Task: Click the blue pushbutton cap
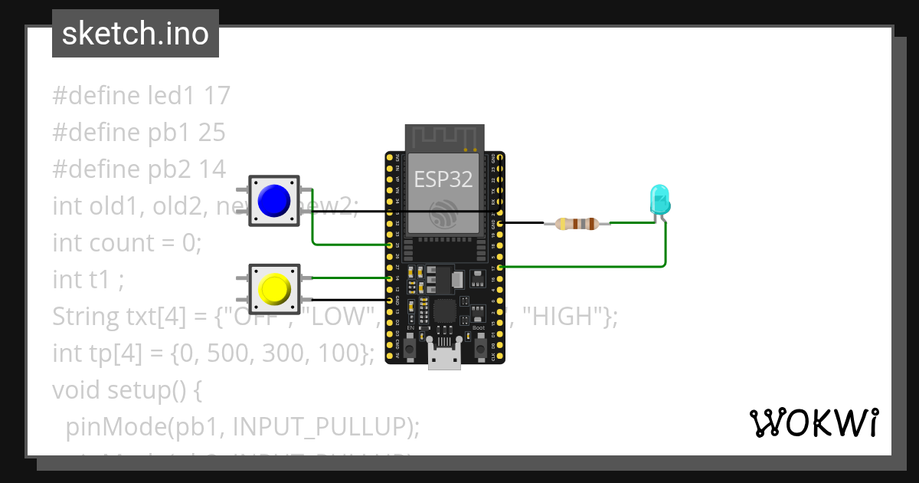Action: click(x=274, y=201)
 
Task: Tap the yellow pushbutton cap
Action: click(x=274, y=289)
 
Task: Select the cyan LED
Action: click(x=659, y=199)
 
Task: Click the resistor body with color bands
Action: click(x=577, y=224)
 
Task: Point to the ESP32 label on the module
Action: click(x=443, y=179)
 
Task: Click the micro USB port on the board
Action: click(x=444, y=359)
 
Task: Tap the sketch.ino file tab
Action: click(x=136, y=34)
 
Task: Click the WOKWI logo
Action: click(x=813, y=422)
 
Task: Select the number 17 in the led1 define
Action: click(x=217, y=96)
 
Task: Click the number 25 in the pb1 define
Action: click(x=211, y=133)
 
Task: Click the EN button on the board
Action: click(x=410, y=348)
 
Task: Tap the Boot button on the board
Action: click(x=479, y=348)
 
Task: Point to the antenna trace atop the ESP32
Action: click(x=444, y=138)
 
